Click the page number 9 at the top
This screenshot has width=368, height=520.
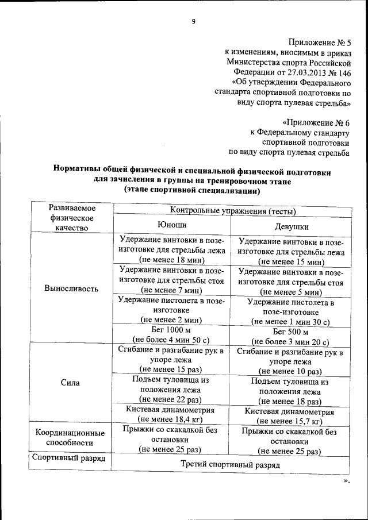click(193, 22)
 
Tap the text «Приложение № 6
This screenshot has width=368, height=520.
click(317, 122)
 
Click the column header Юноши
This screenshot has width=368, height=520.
click(172, 224)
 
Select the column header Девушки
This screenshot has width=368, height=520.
click(291, 227)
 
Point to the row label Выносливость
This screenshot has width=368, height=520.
click(71, 288)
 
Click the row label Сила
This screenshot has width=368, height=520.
click(71, 382)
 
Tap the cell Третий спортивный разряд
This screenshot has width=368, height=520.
click(230, 464)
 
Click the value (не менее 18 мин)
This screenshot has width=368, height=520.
click(172, 260)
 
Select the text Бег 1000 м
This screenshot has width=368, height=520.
click(171, 330)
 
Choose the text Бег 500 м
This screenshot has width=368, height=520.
click(290, 332)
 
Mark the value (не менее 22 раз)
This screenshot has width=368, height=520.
click(172, 398)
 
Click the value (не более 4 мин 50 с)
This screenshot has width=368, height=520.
click(171, 340)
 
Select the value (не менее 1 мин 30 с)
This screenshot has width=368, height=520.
click(290, 322)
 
